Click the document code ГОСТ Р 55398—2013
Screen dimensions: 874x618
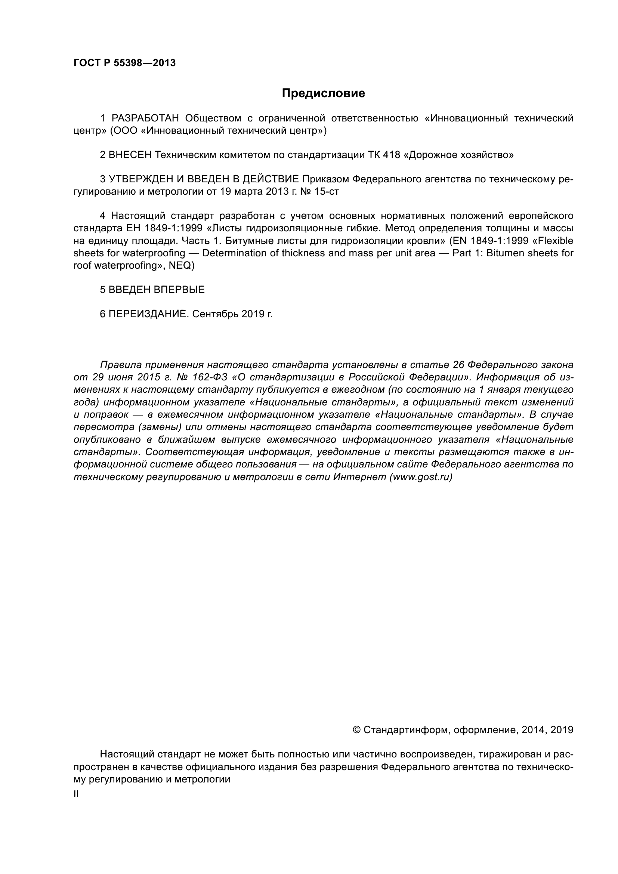pos(124,63)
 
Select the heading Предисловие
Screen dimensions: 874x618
pos(323,93)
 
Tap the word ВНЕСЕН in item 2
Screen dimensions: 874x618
pos(130,155)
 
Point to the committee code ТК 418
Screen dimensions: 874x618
pos(384,155)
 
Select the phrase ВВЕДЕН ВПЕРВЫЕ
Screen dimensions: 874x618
pos(157,290)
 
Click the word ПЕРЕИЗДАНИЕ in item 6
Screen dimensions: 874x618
pos(149,314)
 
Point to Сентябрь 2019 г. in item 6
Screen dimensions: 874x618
pos(232,314)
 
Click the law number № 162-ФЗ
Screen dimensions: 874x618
pos(206,377)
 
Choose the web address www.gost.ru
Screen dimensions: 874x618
pos(420,477)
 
